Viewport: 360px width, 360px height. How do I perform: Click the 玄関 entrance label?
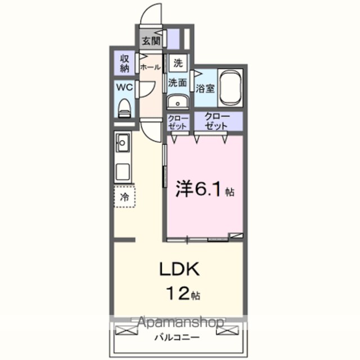pos(151,41)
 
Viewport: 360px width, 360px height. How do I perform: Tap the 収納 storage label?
pos(125,64)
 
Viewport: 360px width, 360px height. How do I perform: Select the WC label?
pos(125,87)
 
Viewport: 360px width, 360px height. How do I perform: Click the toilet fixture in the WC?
pos(125,109)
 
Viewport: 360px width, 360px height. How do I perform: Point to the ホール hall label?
pos(150,67)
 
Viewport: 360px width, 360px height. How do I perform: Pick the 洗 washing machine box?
pos(178,63)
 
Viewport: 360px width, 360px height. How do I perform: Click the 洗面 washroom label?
pos(177,83)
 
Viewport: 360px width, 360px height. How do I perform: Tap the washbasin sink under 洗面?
pos(178,101)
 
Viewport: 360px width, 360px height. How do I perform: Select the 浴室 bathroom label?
pos(205,88)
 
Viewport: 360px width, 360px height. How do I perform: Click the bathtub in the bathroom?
pos(230,88)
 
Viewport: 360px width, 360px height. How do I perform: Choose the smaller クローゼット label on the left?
pos(178,122)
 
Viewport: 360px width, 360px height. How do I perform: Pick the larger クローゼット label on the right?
pos(216,121)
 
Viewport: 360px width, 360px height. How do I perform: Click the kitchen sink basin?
pos(123,143)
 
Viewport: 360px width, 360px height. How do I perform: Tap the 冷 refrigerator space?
pos(125,197)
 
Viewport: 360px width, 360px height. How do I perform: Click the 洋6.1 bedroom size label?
pos(205,189)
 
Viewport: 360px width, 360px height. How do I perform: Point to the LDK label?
pos(179,269)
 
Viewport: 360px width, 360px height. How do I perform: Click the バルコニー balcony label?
pos(177,337)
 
